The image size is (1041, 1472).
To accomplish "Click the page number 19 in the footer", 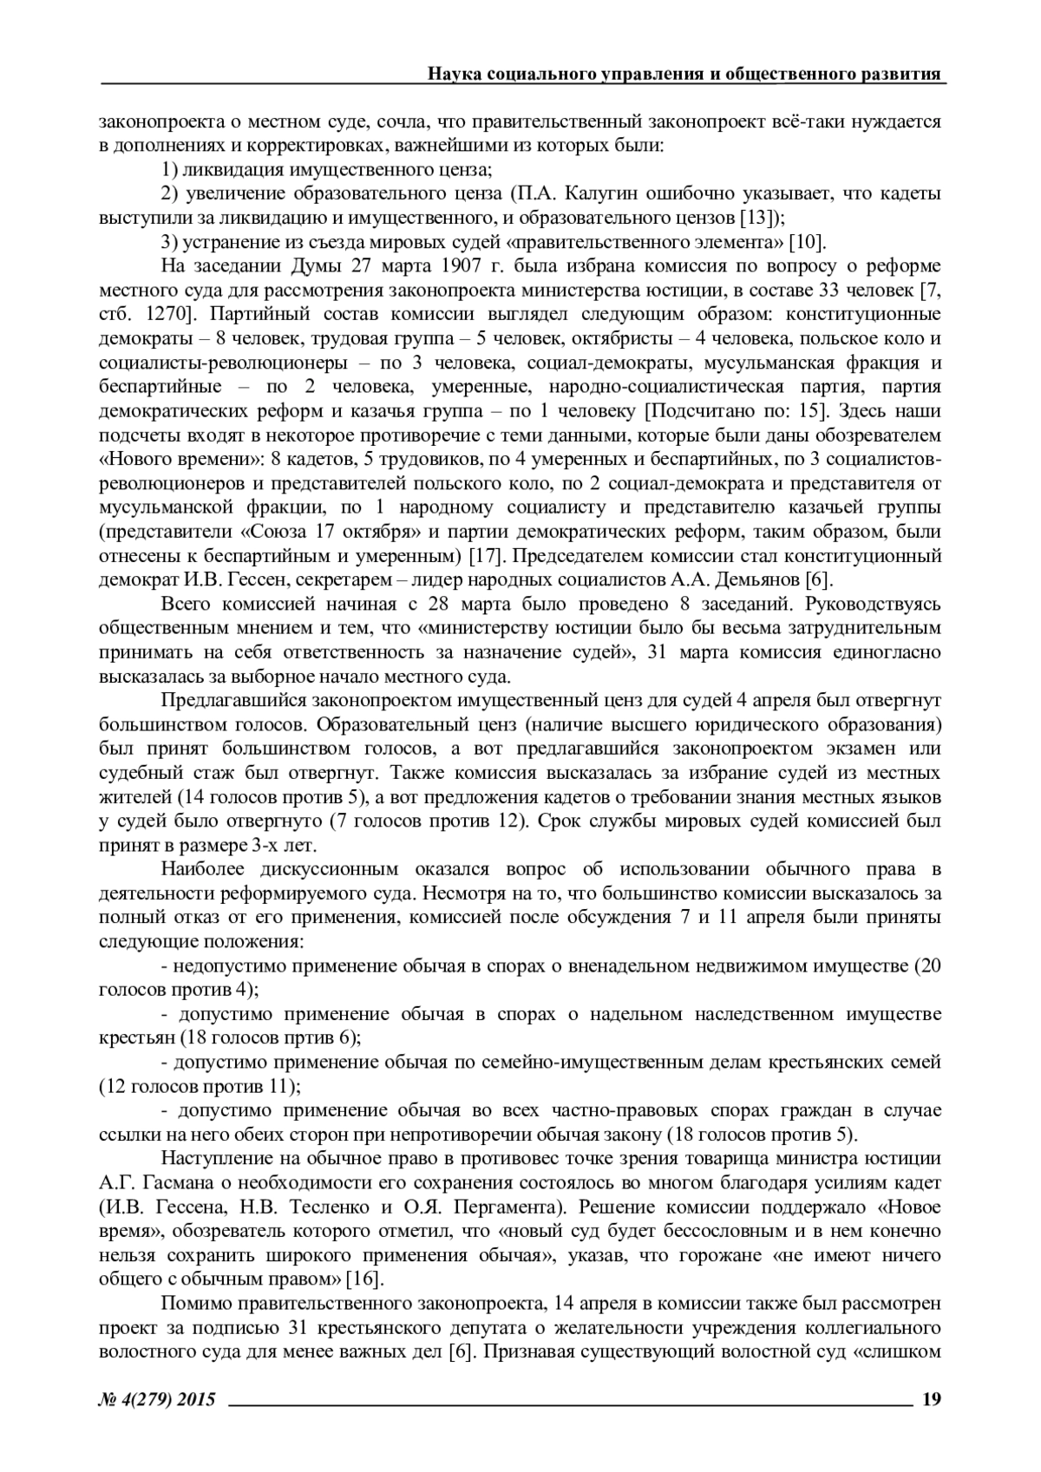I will (x=931, y=1398).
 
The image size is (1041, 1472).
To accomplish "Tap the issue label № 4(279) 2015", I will (x=157, y=1398).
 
